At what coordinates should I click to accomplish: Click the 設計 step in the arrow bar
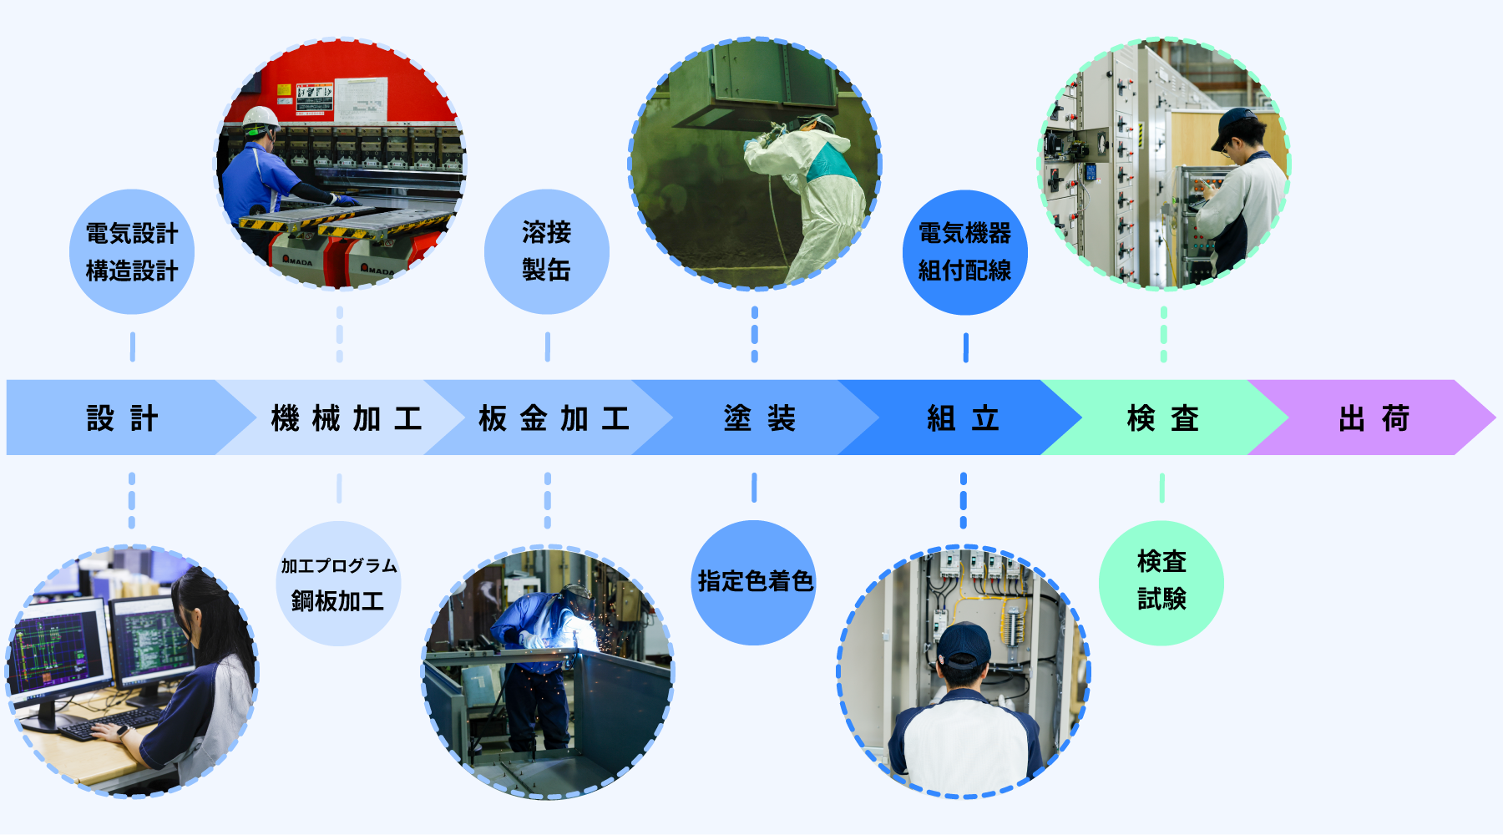coord(122,417)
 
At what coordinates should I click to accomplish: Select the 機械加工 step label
coord(346,417)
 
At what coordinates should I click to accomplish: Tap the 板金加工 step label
coord(554,417)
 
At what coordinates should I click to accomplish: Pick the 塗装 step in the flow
coord(759,417)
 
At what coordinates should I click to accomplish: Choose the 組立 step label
coord(963,417)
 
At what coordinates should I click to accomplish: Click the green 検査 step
coord(1162,417)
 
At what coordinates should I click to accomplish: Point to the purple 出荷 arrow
coord(1374,417)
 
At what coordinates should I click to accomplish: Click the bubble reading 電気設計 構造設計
coord(132,252)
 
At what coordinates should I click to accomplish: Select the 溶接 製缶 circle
coord(546,251)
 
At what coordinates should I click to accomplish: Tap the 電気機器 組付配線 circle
coord(964,252)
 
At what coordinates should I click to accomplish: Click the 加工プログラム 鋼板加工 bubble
coord(338,584)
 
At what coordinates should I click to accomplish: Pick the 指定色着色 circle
coord(754,582)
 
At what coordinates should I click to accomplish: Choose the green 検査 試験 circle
coord(1161,582)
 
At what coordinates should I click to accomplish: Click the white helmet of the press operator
coord(261,119)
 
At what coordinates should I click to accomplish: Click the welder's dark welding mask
coord(575,600)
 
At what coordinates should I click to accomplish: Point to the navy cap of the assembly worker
coord(963,644)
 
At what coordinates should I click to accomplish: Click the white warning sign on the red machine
coord(361,99)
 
